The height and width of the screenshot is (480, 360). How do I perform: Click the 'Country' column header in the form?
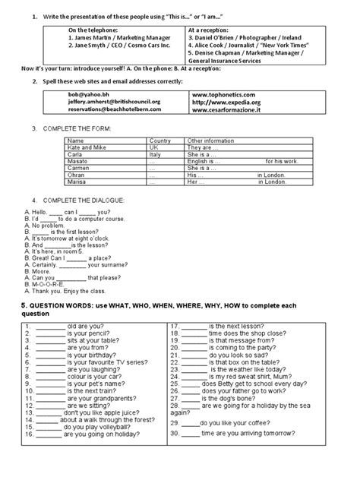(x=159, y=141)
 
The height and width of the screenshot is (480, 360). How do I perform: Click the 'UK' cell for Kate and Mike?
(x=154, y=147)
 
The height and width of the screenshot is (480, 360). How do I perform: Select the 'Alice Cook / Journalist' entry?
(x=235, y=46)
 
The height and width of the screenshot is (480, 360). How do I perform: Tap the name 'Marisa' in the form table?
(x=76, y=184)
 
